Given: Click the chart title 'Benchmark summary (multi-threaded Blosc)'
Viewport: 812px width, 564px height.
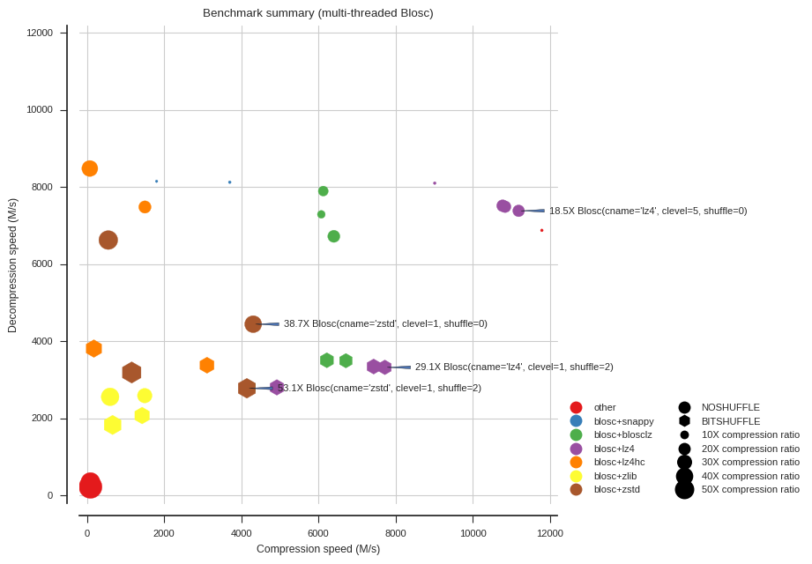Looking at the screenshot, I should pyautogui.click(x=317, y=13).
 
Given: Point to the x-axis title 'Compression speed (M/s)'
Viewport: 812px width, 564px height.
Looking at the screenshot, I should pyautogui.click(x=317, y=549).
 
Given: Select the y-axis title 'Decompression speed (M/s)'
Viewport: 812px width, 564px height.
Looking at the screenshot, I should pyautogui.click(x=12, y=265).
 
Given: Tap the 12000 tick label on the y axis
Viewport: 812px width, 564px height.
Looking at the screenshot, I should pyautogui.click(x=40, y=33).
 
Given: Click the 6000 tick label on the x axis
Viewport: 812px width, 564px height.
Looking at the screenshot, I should pyautogui.click(x=318, y=533).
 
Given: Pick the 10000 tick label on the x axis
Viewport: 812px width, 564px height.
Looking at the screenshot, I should pyautogui.click(x=473, y=533).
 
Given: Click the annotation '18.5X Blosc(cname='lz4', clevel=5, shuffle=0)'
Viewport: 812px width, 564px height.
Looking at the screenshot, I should pyautogui.click(x=648, y=211).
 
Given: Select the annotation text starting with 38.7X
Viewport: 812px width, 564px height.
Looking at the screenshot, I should pyautogui.click(x=385, y=323).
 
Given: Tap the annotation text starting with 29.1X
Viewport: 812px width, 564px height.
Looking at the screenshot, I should pyautogui.click(x=514, y=367).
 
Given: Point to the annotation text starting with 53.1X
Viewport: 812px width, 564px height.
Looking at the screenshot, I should pyautogui.click(x=379, y=388).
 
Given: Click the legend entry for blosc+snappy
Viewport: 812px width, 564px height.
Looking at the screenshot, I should pyautogui.click(x=623, y=421).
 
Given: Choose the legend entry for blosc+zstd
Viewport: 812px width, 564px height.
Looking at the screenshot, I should pyautogui.click(x=616, y=489).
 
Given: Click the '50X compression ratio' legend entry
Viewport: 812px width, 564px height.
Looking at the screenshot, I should pyautogui.click(x=749, y=489).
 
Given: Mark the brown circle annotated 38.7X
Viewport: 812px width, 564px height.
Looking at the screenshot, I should pyautogui.click(x=253, y=324).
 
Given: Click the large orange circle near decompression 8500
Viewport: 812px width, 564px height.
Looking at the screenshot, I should pyautogui.click(x=90, y=168).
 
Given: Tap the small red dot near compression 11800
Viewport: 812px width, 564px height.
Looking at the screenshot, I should pyautogui.click(x=541, y=230).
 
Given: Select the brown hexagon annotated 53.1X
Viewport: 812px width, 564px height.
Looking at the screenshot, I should pyautogui.click(x=247, y=388).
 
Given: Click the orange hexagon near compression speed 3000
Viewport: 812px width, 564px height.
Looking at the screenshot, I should pyautogui.click(x=206, y=365).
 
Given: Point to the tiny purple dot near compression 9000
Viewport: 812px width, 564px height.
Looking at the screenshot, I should pyautogui.click(x=435, y=183).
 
